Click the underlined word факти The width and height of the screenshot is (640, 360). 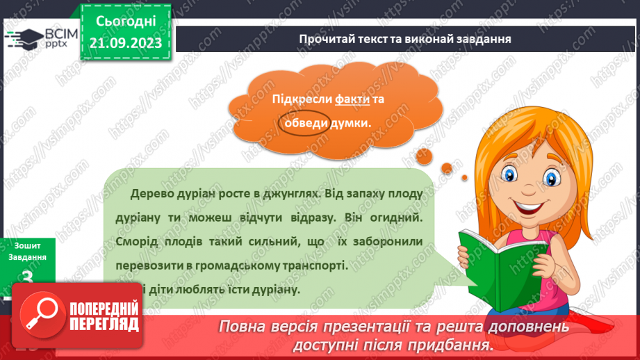pyautogui.click(x=352, y=99)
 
